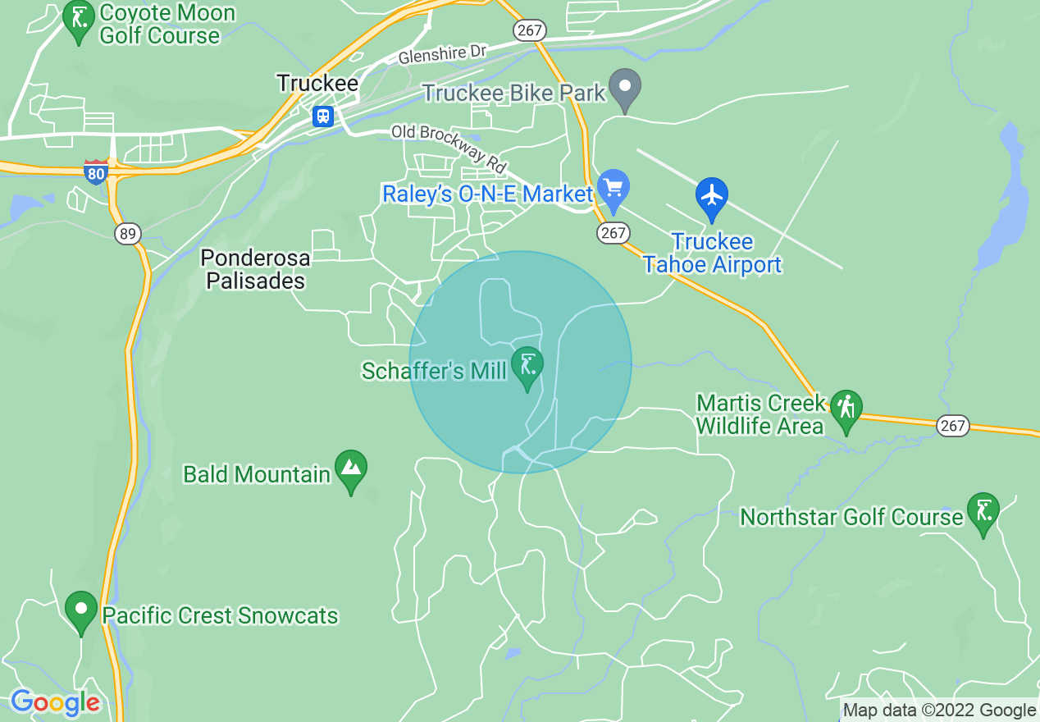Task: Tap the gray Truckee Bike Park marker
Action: point(625,89)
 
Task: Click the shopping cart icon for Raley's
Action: point(613,189)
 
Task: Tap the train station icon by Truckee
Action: point(324,116)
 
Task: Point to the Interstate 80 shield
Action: point(96,171)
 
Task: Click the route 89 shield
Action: point(127,234)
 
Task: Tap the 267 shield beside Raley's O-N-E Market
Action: point(613,233)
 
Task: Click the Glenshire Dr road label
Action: point(443,55)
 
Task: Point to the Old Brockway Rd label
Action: point(449,148)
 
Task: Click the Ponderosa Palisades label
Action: point(256,269)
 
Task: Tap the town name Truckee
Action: point(317,83)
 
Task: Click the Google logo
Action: point(55,702)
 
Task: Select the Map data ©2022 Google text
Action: point(940,711)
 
